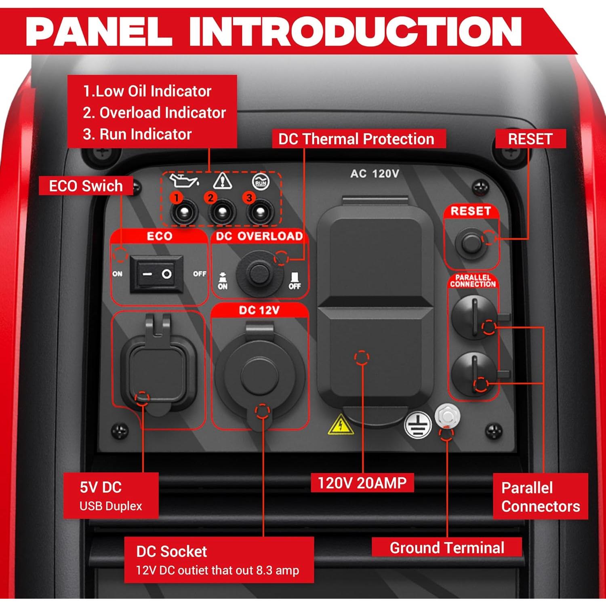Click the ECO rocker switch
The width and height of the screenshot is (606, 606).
[156, 274]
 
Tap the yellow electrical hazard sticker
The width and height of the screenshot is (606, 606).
[341, 425]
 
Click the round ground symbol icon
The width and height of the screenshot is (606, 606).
[417, 425]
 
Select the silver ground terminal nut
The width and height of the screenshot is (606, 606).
[447, 416]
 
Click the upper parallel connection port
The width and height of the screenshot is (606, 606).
[474, 317]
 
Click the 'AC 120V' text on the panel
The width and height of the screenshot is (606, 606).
[375, 174]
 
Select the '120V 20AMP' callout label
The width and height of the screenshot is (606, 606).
[362, 483]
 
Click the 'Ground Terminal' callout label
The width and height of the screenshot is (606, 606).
[446, 547]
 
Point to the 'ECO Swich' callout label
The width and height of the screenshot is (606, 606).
[86, 186]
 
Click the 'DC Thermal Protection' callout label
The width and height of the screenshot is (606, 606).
[356, 139]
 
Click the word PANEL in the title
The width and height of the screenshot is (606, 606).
[99, 32]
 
